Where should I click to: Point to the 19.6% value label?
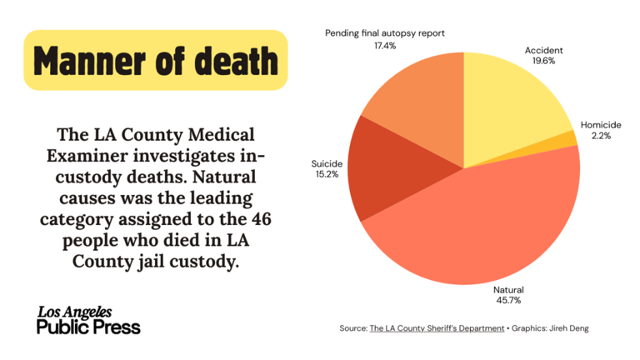tap(543, 62)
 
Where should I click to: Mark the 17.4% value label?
tap(384, 46)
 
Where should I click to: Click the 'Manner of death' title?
tap(156, 60)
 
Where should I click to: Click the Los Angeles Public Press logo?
tap(88, 320)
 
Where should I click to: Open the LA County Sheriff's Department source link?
tap(437, 329)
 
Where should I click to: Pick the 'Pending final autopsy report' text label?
tap(385, 33)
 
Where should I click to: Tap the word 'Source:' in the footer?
tap(353, 329)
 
